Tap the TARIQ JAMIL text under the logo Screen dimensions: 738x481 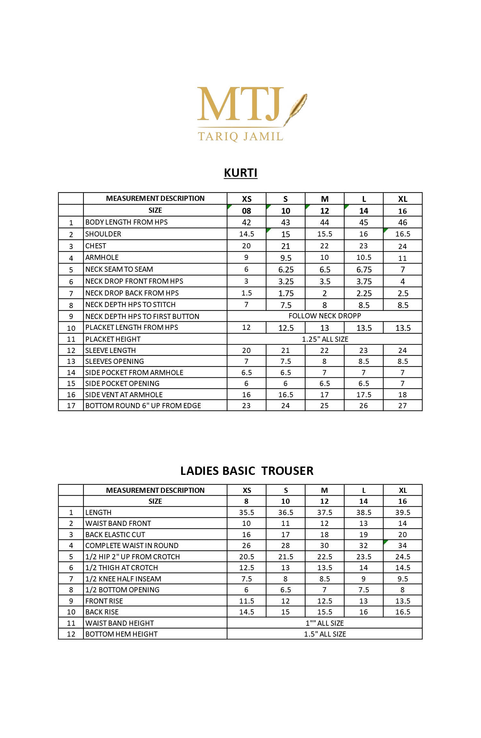(240, 136)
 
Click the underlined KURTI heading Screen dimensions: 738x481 (240, 173)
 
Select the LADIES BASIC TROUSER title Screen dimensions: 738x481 (247, 471)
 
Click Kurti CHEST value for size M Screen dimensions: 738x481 (325, 246)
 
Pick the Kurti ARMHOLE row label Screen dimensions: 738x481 (102, 258)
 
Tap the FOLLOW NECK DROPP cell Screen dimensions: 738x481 (325, 316)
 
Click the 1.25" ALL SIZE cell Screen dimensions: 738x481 (325, 339)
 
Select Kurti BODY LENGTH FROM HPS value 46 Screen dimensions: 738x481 (402, 222)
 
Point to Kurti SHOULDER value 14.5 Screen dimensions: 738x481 (247, 234)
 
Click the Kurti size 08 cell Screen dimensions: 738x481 (247, 211)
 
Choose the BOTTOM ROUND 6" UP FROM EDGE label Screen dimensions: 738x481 (143, 406)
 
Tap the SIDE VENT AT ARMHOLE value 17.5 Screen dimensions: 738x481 (364, 395)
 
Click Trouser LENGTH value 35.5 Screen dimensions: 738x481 (247, 512)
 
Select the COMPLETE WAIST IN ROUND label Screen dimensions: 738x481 (132, 545)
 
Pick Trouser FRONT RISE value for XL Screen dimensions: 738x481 (402, 601)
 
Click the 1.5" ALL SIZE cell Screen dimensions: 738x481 (325, 634)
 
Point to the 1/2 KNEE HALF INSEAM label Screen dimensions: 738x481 (123, 579)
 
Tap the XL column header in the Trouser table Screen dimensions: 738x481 (402, 490)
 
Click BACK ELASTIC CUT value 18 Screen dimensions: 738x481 (325, 535)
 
